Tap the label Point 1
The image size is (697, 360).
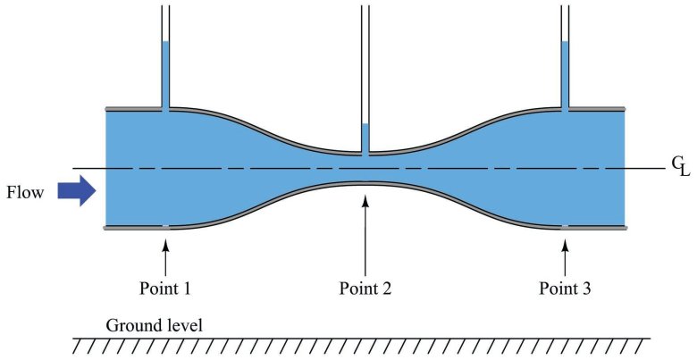point(165,288)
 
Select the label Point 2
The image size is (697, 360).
point(365,288)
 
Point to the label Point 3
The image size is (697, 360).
point(565,288)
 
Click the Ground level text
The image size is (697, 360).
point(154,323)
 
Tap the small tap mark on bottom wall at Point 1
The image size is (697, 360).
point(165,228)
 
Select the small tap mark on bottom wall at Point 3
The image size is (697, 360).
point(565,228)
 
